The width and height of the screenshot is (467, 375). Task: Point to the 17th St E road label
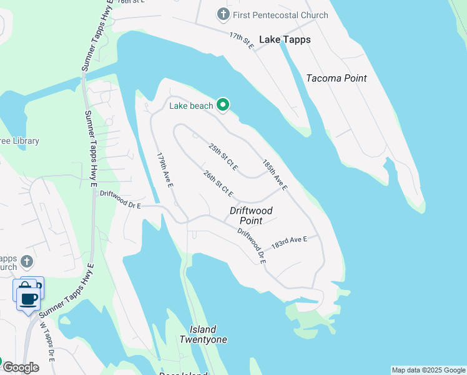coord(242,41)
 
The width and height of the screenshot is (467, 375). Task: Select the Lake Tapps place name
coord(285,39)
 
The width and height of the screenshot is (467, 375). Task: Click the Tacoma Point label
coord(337,78)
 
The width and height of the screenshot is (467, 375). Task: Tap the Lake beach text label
coord(191,106)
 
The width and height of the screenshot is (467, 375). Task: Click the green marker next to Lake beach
coord(223,105)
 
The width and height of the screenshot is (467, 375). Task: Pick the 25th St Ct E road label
coord(224,157)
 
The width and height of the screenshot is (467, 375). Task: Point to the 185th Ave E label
coord(275,175)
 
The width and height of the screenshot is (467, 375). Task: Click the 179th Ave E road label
coord(165,170)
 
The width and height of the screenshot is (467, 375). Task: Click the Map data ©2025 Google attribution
coord(428,370)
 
